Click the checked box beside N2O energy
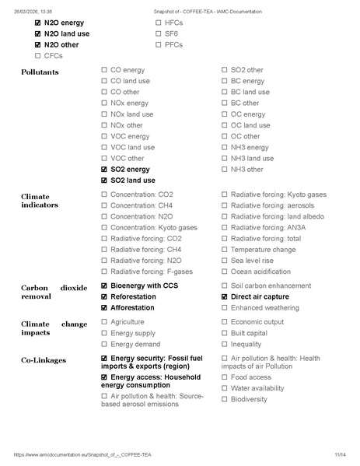point(38,23)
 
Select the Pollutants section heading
point(40,72)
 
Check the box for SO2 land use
point(105,180)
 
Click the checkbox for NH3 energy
point(225,147)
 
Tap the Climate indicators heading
point(40,200)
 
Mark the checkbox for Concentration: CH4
point(105,205)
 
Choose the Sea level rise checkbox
point(225,261)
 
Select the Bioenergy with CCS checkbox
point(105,286)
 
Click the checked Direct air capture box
point(225,297)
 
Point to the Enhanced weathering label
point(264,308)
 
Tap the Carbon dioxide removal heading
point(54,292)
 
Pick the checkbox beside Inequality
point(225,344)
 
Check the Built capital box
point(225,333)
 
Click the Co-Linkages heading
point(44,360)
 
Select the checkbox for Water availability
point(225,388)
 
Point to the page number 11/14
point(340,454)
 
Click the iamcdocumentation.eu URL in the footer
point(82,454)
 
